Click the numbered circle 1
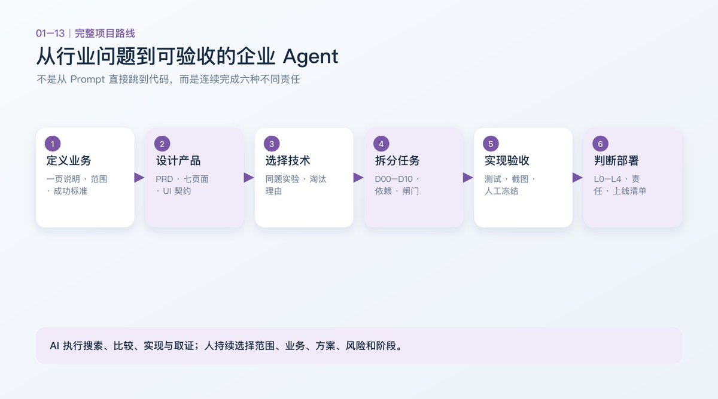click(x=53, y=144)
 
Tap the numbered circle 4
click(x=381, y=144)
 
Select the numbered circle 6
click(x=600, y=144)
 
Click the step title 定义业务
click(x=69, y=160)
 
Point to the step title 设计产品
click(x=178, y=160)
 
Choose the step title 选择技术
click(x=288, y=160)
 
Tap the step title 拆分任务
click(x=397, y=160)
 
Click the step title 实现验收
click(x=507, y=160)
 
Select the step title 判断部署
click(x=617, y=160)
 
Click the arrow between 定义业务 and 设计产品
click(x=139, y=178)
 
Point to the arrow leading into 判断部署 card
click(x=577, y=178)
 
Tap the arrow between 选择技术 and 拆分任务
click(x=358, y=178)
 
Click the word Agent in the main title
click(x=311, y=57)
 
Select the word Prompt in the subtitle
click(x=87, y=79)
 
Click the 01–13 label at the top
click(x=50, y=33)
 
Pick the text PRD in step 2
click(x=164, y=179)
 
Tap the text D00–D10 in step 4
click(x=394, y=179)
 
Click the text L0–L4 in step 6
click(x=607, y=179)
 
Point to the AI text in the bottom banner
click(x=54, y=346)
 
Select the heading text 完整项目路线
click(x=105, y=33)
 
